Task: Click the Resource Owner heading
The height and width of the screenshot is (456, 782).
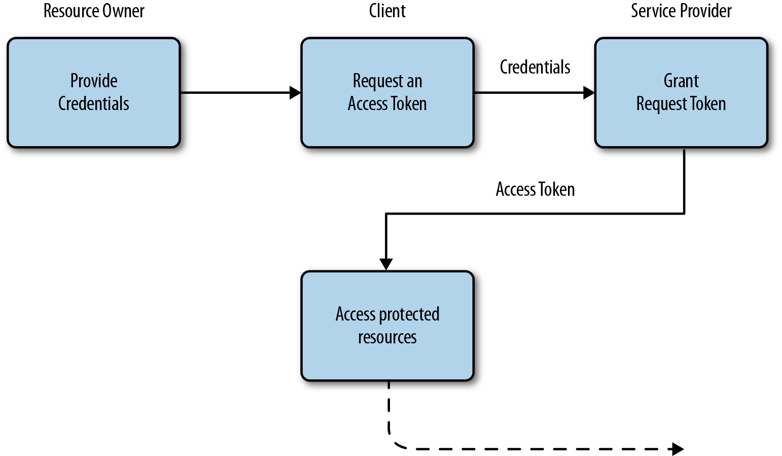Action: point(94,11)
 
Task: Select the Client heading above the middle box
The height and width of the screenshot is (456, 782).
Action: point(387,11)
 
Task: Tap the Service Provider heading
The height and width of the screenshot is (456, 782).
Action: point(681,11)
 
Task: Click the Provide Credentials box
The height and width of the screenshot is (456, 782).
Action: point(94,92)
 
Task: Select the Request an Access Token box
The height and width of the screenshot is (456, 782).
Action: point(387,92)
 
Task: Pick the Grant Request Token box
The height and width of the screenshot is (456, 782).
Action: point(681,92)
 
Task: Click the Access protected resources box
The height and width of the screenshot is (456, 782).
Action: point(387,326)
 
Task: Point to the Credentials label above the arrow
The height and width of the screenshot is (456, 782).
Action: point(535,67)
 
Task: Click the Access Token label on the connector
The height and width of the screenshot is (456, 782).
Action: point(535,189)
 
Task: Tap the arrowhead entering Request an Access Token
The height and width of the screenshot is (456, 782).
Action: point(295,93)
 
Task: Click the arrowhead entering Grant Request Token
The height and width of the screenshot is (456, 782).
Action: point(589,93)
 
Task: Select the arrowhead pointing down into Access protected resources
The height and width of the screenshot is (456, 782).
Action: point(386,264)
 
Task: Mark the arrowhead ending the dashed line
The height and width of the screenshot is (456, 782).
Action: point(677,449)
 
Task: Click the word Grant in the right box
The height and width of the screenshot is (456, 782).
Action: point(681,81)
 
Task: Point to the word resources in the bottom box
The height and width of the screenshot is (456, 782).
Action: point(387,337)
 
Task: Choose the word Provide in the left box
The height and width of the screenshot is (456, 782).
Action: point(94,81)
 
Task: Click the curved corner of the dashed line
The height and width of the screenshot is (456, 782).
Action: point(395,442)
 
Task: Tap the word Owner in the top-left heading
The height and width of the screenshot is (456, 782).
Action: point(124,11)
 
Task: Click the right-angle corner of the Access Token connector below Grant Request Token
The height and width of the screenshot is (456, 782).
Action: point(684,214)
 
